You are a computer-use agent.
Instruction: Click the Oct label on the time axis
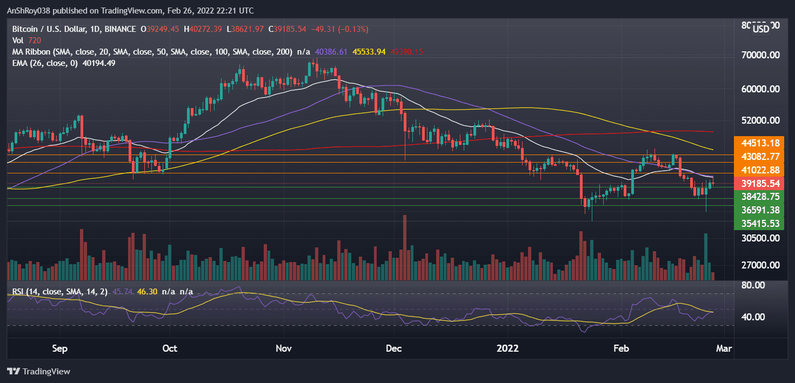170,348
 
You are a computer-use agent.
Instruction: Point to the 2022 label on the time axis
508,348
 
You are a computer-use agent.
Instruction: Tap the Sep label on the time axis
60,348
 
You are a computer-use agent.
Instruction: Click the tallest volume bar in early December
404,247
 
